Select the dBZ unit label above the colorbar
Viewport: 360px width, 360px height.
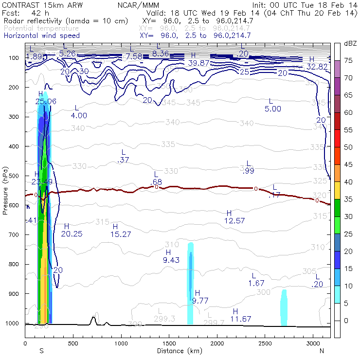(x=350, y=44)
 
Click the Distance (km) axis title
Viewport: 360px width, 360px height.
(x=178, y=351)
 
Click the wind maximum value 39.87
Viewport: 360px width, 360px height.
(x=198, y=63)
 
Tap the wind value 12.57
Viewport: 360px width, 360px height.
(x=234, y=221)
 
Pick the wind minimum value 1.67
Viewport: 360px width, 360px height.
(x=256, y=283)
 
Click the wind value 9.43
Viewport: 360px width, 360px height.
(x=172, y=260)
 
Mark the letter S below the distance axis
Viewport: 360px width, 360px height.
(x=42, y=351)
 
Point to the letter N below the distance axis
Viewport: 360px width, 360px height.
(x=322, y=351)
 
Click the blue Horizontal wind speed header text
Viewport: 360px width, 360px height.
(x=41, y=36)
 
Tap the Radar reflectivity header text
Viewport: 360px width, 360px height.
(x=65, y=21)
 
